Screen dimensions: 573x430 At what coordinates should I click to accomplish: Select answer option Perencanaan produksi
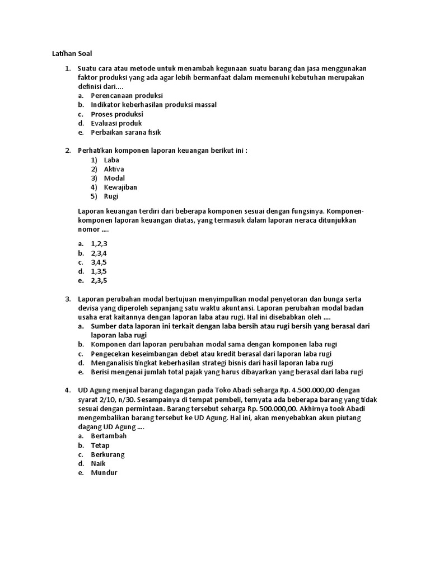tap(127, 96)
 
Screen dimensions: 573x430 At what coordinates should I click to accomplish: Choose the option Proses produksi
tap(117, 114)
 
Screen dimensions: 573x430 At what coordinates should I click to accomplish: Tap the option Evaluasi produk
tap(116, 123)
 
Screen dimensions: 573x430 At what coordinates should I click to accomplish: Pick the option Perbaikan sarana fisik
tap(126, 133)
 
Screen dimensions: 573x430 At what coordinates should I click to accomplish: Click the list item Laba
tap(111, 160)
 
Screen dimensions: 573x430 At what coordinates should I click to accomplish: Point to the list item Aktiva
tap(114, 169)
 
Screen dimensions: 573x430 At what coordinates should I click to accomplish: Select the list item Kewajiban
tap(120, 187)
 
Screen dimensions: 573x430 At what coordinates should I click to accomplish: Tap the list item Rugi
tap(111, 196)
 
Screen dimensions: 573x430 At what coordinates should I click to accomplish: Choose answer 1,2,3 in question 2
tap(99, 244)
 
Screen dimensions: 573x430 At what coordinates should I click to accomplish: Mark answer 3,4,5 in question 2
tap(99, 262)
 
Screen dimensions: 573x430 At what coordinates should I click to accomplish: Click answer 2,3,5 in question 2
tap(99, 281)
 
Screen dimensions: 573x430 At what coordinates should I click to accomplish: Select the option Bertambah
tap(109, 436)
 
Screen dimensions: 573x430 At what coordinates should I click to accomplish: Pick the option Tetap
tap(100, 445)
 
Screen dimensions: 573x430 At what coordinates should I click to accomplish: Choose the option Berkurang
tap(108, 454)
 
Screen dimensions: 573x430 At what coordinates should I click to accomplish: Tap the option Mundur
tap(104, 473)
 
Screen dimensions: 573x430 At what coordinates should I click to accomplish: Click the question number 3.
tap(68, 299)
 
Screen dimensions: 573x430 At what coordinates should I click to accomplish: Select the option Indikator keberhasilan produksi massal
tap(153, 105)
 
